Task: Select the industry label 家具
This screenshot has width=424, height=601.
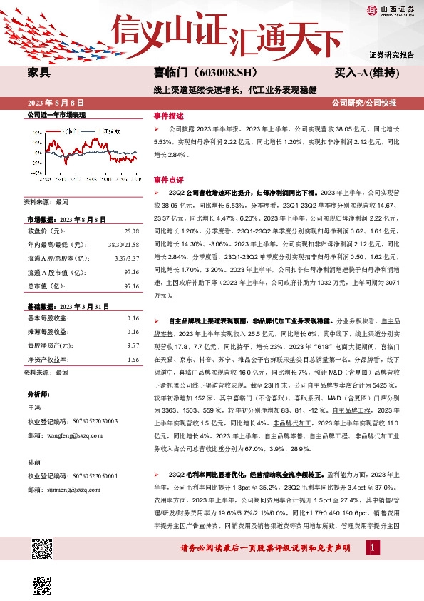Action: [39, 73]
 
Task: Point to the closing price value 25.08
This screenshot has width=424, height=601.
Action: [131, 231]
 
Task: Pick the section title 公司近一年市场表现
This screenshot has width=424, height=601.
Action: [56, 115]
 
